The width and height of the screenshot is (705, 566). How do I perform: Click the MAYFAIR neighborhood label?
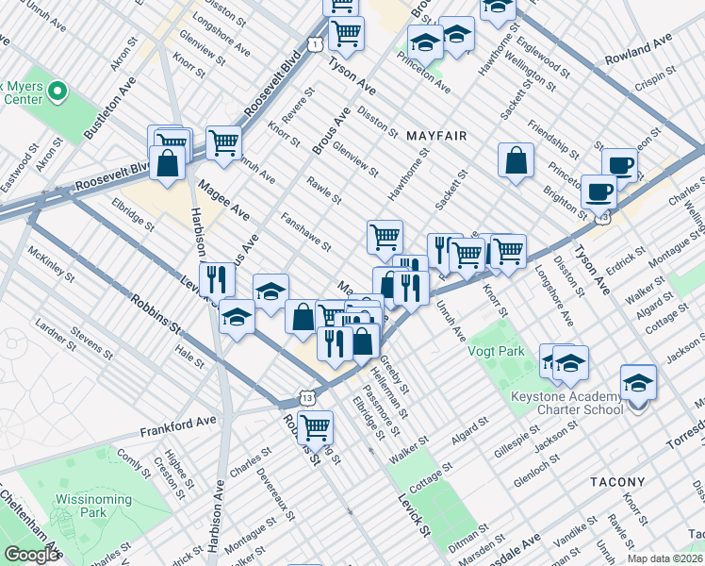coord(436,136)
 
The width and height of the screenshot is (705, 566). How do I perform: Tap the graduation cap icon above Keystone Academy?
coord(638,383)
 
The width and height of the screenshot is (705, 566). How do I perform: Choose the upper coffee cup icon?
coord(619,165)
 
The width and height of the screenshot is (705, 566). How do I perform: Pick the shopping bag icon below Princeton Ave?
coord(516,160)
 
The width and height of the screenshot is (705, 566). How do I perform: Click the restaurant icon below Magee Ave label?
coord(219,279)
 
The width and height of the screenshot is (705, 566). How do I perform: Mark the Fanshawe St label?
coord(305,232)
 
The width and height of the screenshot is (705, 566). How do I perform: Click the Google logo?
coord(32,555)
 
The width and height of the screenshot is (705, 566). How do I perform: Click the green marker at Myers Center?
coord(57,92)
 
